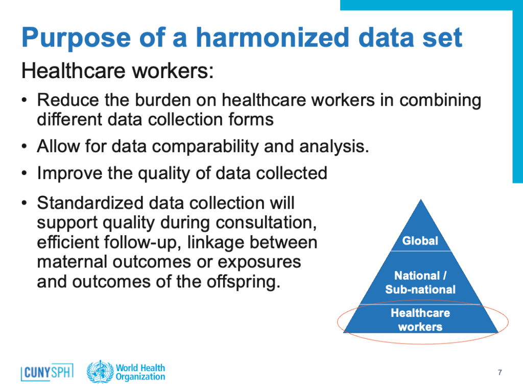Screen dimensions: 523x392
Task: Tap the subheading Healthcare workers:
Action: pos(117,71)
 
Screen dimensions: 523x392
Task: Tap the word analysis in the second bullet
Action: pos(334,147)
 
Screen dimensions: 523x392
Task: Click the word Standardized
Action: pos(90,203)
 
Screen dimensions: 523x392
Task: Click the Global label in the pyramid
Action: pos(420,241)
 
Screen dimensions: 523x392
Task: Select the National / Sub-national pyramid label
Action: pos(420,282)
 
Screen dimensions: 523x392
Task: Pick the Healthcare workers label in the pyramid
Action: pos(420,320)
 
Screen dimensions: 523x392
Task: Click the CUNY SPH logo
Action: pos(47,372)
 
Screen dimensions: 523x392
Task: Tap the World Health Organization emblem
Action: pos(100,372)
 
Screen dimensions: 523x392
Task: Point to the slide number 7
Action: pos(500,372)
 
